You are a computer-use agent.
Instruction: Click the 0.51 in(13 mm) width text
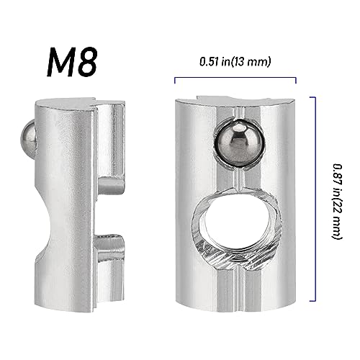tap(235, 62)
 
